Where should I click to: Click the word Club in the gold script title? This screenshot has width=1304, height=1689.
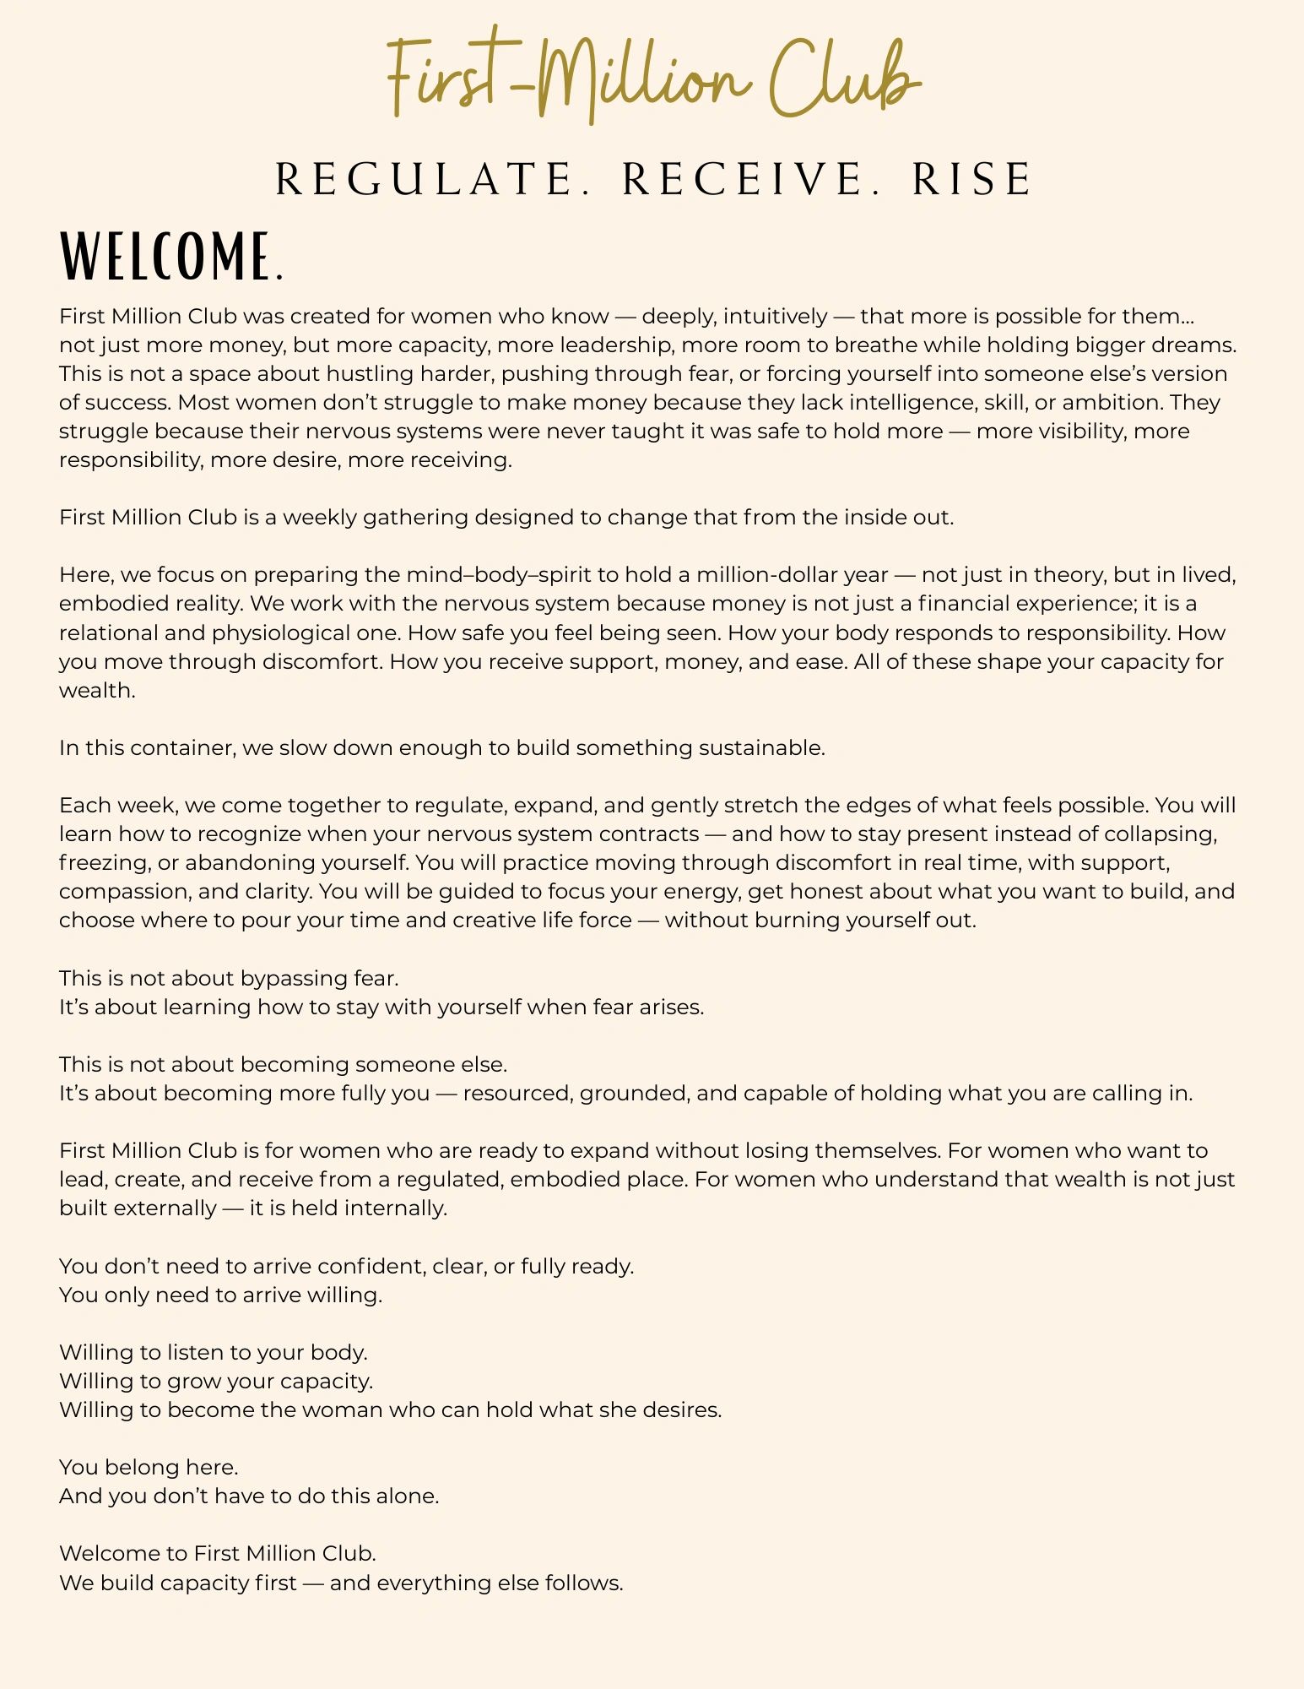click(x=844, y=80)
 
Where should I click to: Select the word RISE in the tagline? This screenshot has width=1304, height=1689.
click(x=971, y=179)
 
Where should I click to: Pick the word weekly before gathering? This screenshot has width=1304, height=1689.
click(x=319, y=518)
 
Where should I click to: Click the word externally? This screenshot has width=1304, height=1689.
click(x=165, y=1208)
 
